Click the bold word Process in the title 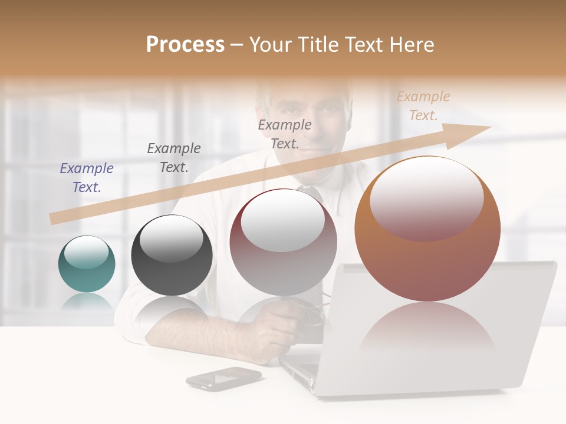click(x=185, y=45)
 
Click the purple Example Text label click(x=87, y=178)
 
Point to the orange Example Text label click(x=423, y=106)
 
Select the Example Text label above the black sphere click(x=174, y=158)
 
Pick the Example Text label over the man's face click(x=285, y=134)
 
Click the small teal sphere click(x=87, y=264)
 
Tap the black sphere click(x=172, y=256)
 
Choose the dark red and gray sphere click(x=283, y=242)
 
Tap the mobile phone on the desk click(x=223, y=378)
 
